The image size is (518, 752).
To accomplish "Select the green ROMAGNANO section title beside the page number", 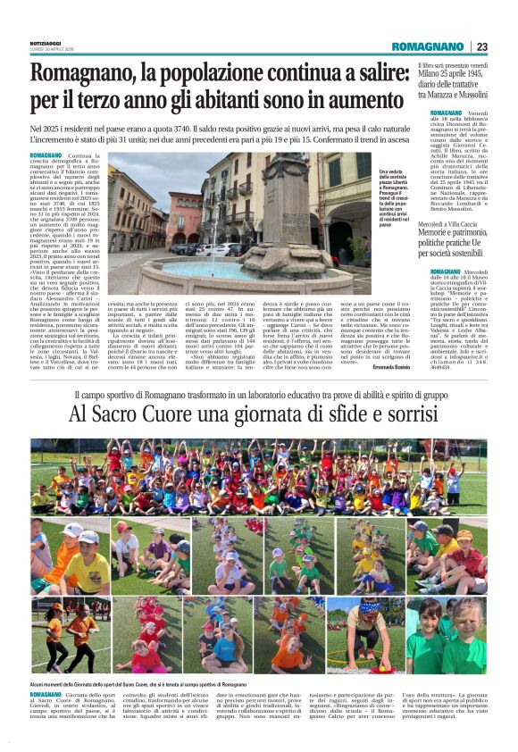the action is coord(428,46).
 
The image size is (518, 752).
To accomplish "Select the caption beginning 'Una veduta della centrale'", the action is coord(399,196).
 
